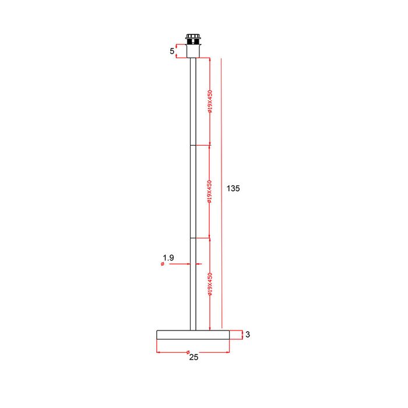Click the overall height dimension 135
click(x=233, y=188)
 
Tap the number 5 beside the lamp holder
click(x=172, y=51)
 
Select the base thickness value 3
click(x=248, y=335)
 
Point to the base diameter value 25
click(x=194, y=357)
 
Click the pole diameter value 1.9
click(x=168, y=258)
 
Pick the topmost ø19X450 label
click(x=210, y=101)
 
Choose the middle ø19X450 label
click(x=209, y=192)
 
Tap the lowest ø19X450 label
click(x=210, y=284)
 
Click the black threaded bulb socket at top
click(x=193, y=39)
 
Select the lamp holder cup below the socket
click(x=193, y=51)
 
